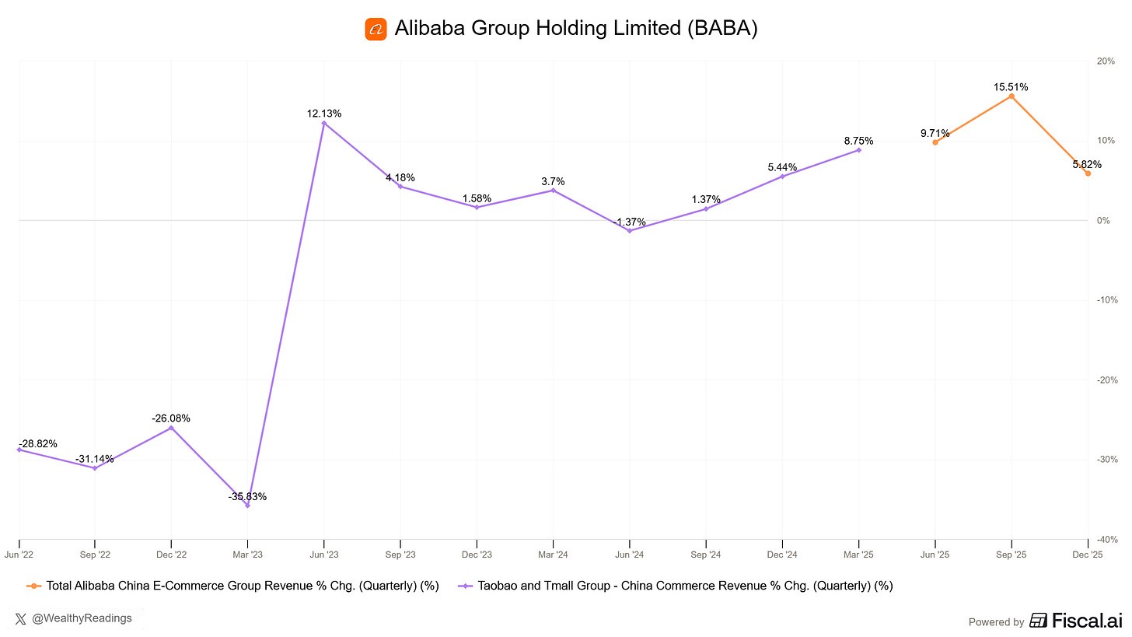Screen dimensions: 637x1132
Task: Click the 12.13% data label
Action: [324, 114]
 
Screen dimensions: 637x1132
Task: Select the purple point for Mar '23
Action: [247, 506]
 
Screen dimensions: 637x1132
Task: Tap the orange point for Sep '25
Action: [1011, 96]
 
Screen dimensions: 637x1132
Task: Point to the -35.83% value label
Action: [247, 496]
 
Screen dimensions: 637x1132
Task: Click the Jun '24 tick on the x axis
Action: [629, 555]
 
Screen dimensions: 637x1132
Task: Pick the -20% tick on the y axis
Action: [1105, 380]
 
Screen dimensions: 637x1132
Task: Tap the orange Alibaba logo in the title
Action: [376, 30]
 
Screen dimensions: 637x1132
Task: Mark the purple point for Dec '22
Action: [171, 428]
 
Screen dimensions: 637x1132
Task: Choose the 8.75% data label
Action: [858, 141]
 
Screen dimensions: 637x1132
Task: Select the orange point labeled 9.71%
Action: [935, 142]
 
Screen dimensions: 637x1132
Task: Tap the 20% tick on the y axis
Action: [1106, 61]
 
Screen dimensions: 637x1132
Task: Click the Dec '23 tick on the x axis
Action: [477, 555]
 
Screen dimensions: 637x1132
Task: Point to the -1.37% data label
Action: [629, 222]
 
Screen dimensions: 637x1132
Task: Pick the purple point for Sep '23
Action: [400, 187]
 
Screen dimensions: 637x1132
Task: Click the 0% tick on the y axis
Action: [1103, 221]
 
